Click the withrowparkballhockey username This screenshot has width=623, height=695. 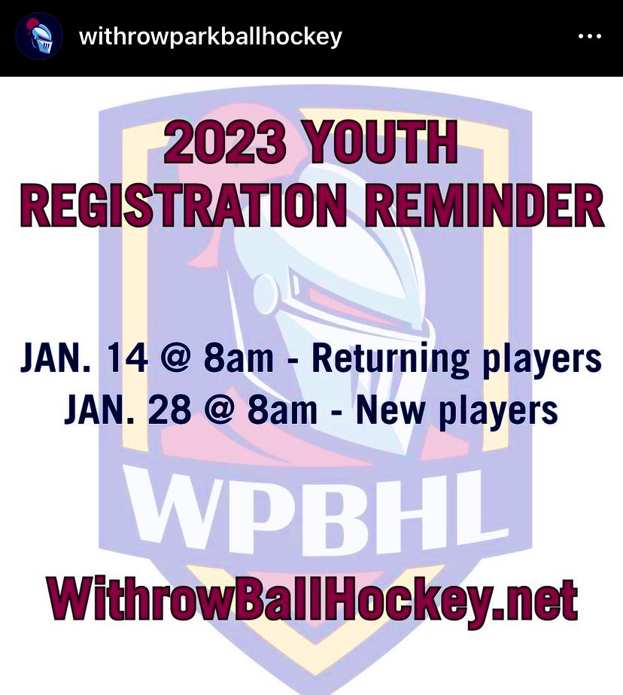point(210,36)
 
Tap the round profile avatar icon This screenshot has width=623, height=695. point(38,37)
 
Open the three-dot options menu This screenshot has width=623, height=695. point(589,37)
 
